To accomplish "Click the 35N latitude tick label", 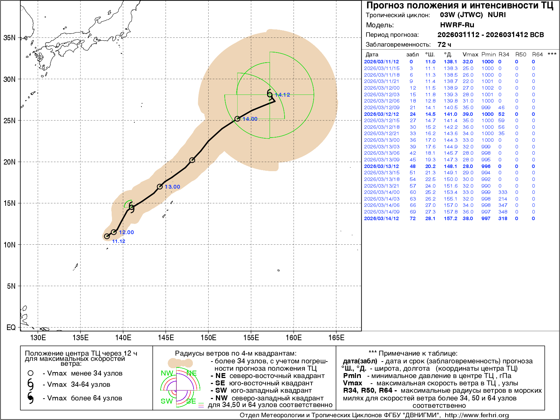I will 9,38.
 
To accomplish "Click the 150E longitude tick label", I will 208,338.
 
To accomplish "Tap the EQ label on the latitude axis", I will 11,328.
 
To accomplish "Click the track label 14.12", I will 282,95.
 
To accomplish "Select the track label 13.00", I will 173,187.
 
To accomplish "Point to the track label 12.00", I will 126,232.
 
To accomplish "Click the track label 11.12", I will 119,241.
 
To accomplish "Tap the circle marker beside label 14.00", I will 237,119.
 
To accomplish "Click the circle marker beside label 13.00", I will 160,187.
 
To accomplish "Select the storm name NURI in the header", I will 497,15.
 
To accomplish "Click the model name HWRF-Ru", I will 457,25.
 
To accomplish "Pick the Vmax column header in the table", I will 470,55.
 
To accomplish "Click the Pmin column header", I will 488,55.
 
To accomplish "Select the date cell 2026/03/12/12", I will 381,114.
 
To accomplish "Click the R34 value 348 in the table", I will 503,212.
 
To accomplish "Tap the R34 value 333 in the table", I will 503,192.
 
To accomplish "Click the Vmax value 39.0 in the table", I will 468,114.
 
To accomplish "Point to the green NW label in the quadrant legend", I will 167,373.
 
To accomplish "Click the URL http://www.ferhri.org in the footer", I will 477,415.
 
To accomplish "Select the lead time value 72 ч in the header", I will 444,44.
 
